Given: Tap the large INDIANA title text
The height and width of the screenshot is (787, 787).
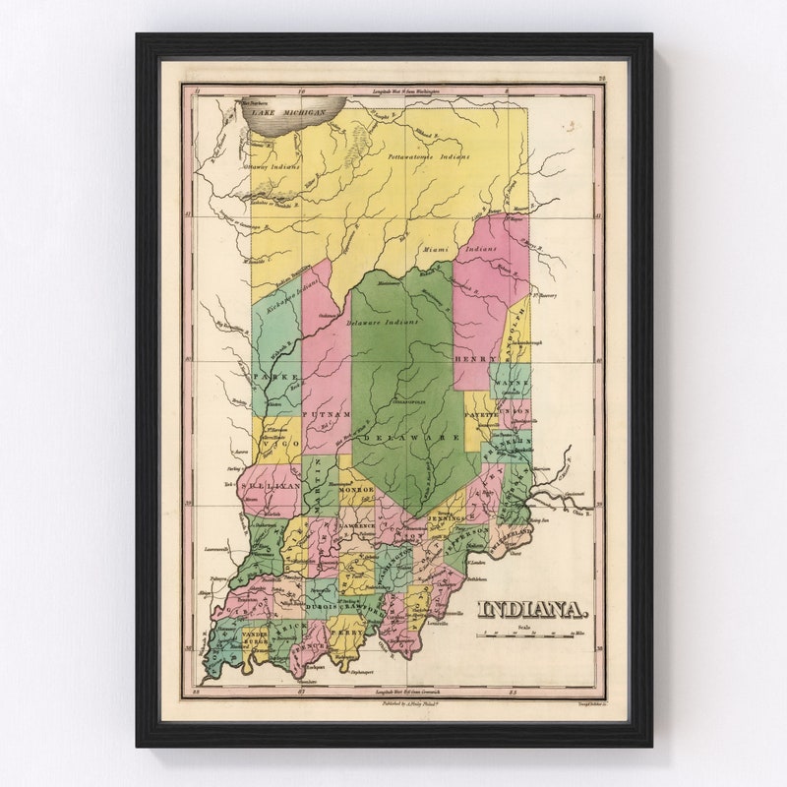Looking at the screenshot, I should coord(527,610).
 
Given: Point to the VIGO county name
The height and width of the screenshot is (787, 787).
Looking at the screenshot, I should coord(277,449).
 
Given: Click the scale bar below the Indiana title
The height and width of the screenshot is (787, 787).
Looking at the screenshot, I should coord(536,635).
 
